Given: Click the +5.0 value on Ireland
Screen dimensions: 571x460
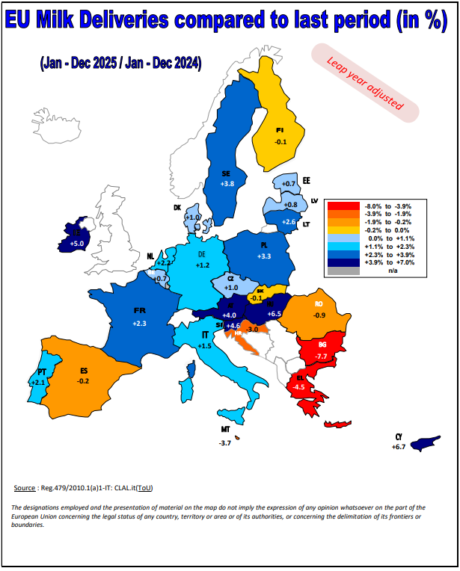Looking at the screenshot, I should click(77, 243).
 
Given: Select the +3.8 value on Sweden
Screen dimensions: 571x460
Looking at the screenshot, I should click(227, 183).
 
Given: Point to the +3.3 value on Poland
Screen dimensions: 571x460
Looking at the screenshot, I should click(265, 256).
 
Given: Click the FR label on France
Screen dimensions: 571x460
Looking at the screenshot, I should click(139, 309).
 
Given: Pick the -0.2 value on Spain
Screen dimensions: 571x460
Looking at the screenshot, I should click(83, 380).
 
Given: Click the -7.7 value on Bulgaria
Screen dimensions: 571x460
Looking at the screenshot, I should click(322, 357).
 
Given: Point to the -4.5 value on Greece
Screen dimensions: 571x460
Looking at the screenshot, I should click(299, 387).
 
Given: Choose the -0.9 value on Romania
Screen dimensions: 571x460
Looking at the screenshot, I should click(319, 315).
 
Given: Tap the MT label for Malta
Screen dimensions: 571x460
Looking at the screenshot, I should click(225, 430).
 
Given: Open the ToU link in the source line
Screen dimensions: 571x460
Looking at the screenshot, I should click(146, 488).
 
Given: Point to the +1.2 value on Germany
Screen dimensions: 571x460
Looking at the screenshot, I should click(203, 265).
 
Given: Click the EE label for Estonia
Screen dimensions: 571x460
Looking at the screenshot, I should click(306, 180).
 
